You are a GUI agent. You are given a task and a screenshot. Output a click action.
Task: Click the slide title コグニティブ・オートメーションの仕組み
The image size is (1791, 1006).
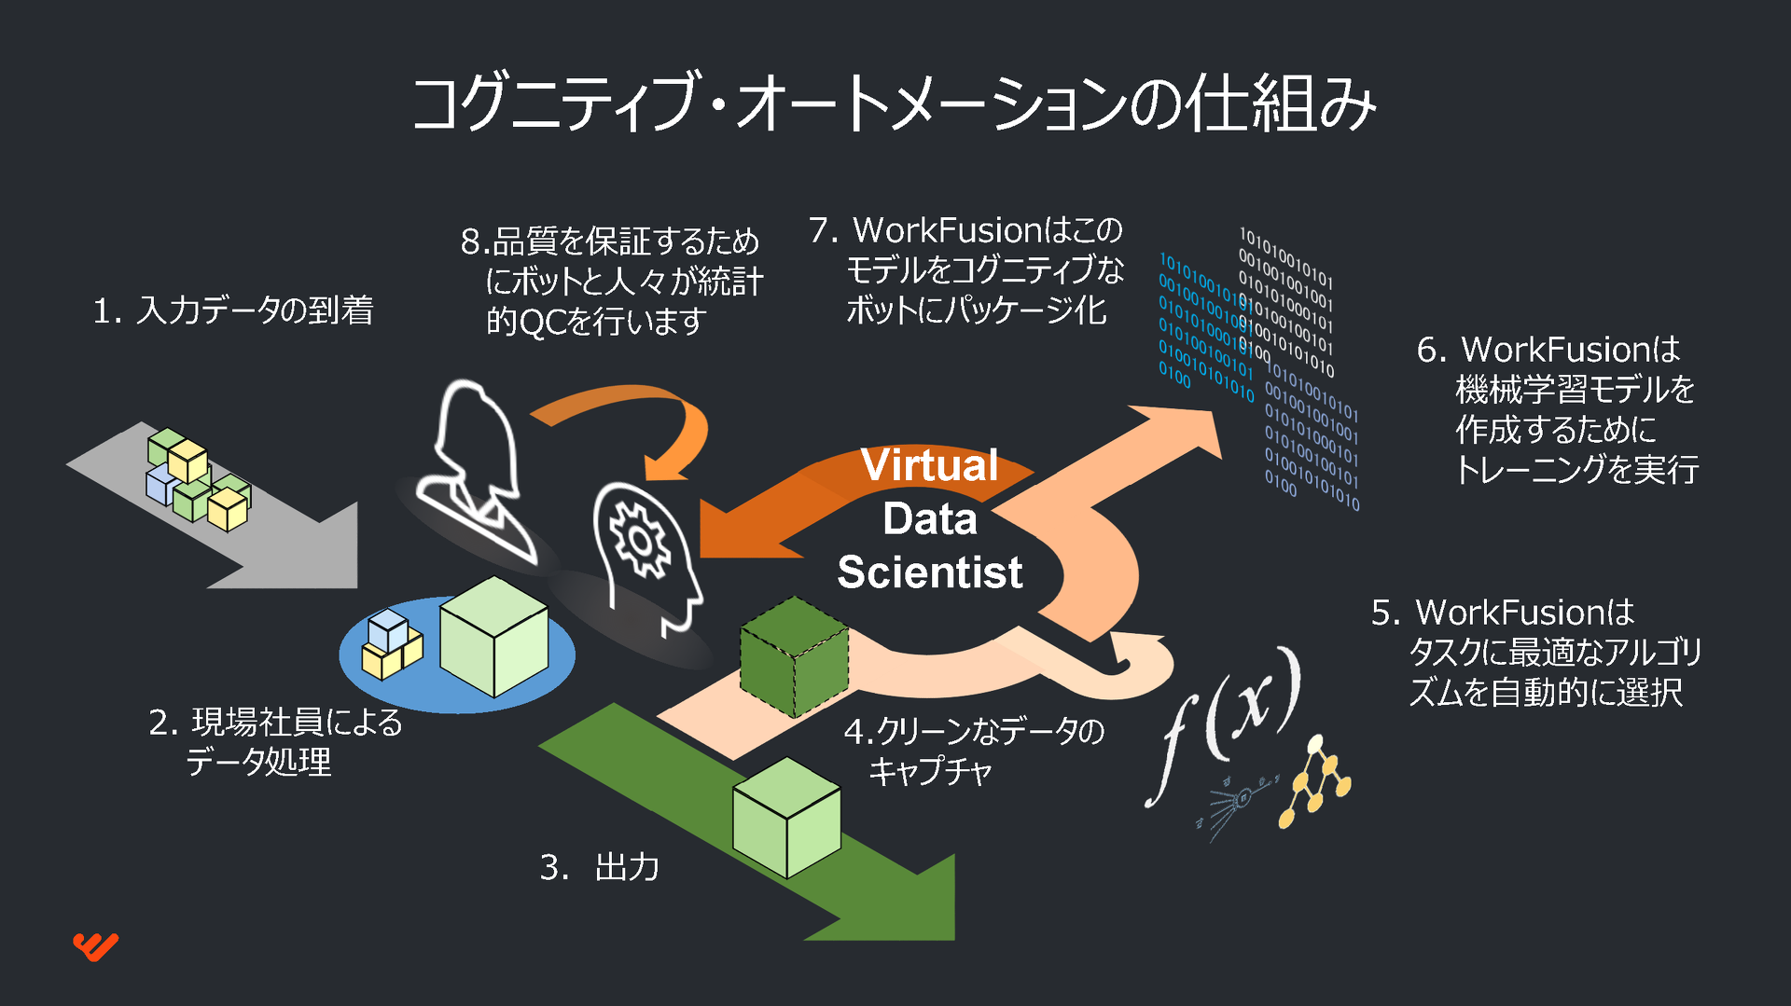pyautogui.click(x=894, y=103)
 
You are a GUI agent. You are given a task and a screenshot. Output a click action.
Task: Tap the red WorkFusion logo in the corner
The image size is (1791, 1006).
pyautogui.click(x=96, y=946)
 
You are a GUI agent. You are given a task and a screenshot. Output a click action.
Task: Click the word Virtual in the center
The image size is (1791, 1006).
pyautogui.click(x=929, y=464)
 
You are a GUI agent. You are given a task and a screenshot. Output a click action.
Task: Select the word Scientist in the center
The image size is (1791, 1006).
pyautogui.click(x=930, y=572)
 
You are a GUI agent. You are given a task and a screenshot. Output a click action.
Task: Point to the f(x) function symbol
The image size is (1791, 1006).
pyautogui.click(x=1223, y=722)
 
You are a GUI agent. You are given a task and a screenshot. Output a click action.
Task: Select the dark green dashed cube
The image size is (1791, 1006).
pyautogui.click(x=794, y=656)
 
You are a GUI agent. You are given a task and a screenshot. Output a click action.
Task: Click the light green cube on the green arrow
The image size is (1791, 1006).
pyautogui.click(x=787, y=817)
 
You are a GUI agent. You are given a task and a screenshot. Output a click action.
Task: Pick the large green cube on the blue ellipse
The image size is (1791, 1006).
pyautogui.click(x=493, y=636)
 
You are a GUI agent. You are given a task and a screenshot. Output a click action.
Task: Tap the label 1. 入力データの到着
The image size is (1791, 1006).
pyautogui.click(x=233, y=310)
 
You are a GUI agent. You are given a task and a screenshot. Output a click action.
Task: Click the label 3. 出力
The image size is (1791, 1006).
pyautogui.click(x=600, y=867)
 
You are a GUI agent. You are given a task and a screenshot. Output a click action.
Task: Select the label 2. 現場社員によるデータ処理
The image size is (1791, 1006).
pyautogui.click(x=276, y=742)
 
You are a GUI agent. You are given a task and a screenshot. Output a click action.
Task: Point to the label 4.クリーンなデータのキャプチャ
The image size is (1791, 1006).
pyautogui.click(x=974, y=751)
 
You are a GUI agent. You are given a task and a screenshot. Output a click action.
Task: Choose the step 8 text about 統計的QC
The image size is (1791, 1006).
pyautogui.click(x=612, y=281)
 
